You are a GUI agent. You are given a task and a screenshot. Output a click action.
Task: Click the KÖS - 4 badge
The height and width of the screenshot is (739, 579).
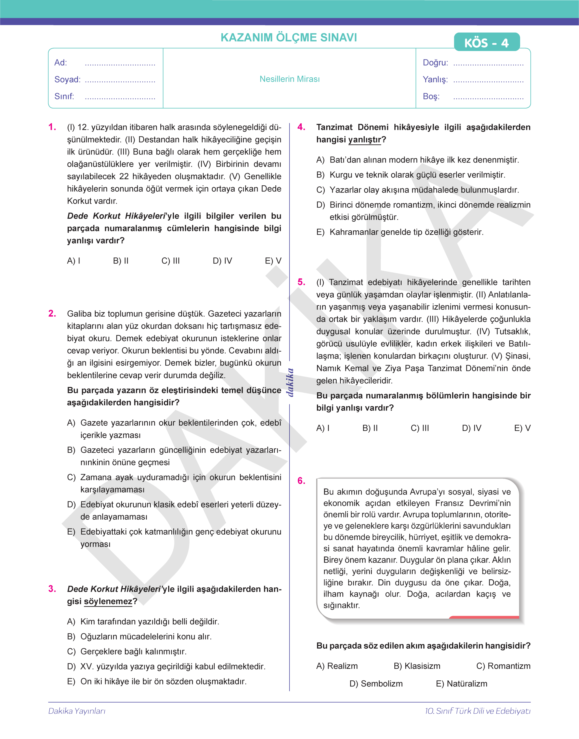[487, 42]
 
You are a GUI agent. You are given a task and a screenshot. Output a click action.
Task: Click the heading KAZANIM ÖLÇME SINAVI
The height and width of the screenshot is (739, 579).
[289, 38]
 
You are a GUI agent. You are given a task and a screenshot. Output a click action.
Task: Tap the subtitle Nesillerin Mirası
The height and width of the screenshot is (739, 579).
[289, 79]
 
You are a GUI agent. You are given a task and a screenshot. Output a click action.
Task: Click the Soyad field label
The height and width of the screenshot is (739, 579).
[67, 79]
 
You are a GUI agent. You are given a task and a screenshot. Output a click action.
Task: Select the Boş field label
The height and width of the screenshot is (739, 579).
[431, 96]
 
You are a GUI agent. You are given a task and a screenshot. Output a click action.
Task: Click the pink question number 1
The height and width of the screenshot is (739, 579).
[52, 127]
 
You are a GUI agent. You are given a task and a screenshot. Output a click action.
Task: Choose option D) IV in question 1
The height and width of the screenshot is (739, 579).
[222, 261]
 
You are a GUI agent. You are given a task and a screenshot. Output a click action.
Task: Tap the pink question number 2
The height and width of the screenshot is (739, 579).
[52, 313]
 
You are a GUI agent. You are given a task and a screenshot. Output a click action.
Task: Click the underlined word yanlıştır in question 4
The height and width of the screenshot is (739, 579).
[365, 139]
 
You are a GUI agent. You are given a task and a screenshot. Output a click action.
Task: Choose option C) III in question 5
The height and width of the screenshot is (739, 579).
[420, 428]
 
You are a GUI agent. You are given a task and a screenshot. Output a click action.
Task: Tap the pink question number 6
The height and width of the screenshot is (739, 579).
[301, 481]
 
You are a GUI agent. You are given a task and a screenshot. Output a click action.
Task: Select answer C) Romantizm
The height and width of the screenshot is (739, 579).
[503, 666]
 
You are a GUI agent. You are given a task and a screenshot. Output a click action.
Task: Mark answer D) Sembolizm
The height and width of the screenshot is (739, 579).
[376, 684]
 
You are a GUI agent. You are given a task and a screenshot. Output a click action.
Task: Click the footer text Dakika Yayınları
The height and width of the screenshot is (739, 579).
[77, 711]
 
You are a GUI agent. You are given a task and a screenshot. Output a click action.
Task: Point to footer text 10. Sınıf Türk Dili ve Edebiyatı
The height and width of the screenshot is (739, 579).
[478, 711]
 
